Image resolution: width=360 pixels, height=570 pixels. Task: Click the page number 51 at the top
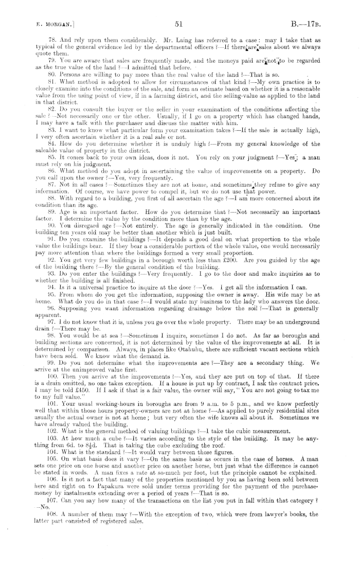[x=179, y=23]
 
